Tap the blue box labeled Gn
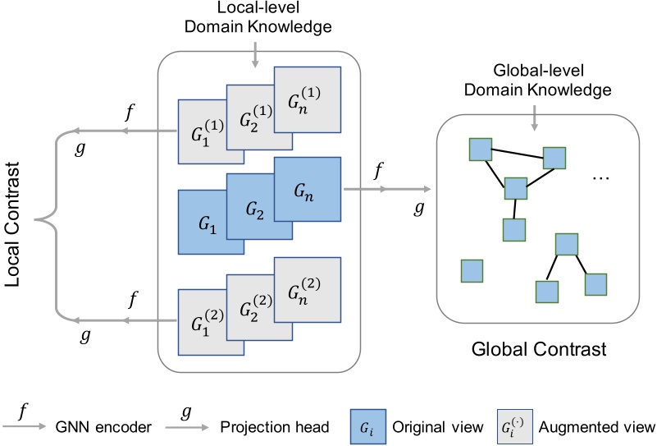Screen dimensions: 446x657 pos(305,191)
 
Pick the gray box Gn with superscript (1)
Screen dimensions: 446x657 pos(305,102)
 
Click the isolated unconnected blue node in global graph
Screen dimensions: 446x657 pos(472,270)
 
